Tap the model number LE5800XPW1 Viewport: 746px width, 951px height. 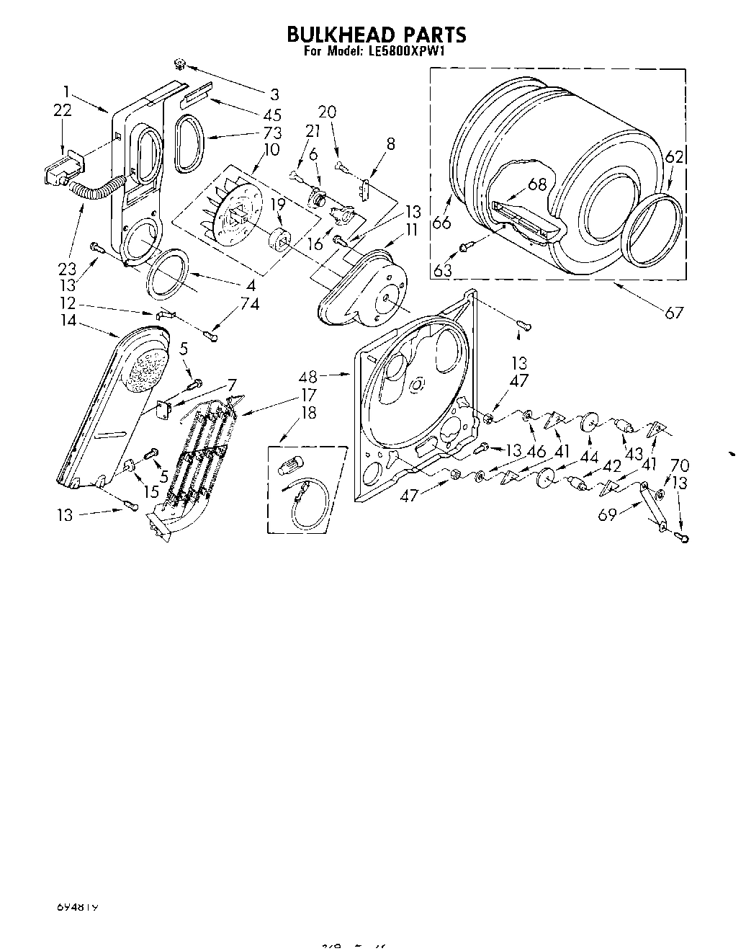(x=408, y=52)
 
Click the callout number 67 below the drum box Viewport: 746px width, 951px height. (x=673, y=312)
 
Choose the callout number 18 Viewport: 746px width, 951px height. (x=309, y=413)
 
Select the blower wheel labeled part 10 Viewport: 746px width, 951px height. (x=230, y=209)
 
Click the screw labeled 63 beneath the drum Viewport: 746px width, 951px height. (x=466, y=248)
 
